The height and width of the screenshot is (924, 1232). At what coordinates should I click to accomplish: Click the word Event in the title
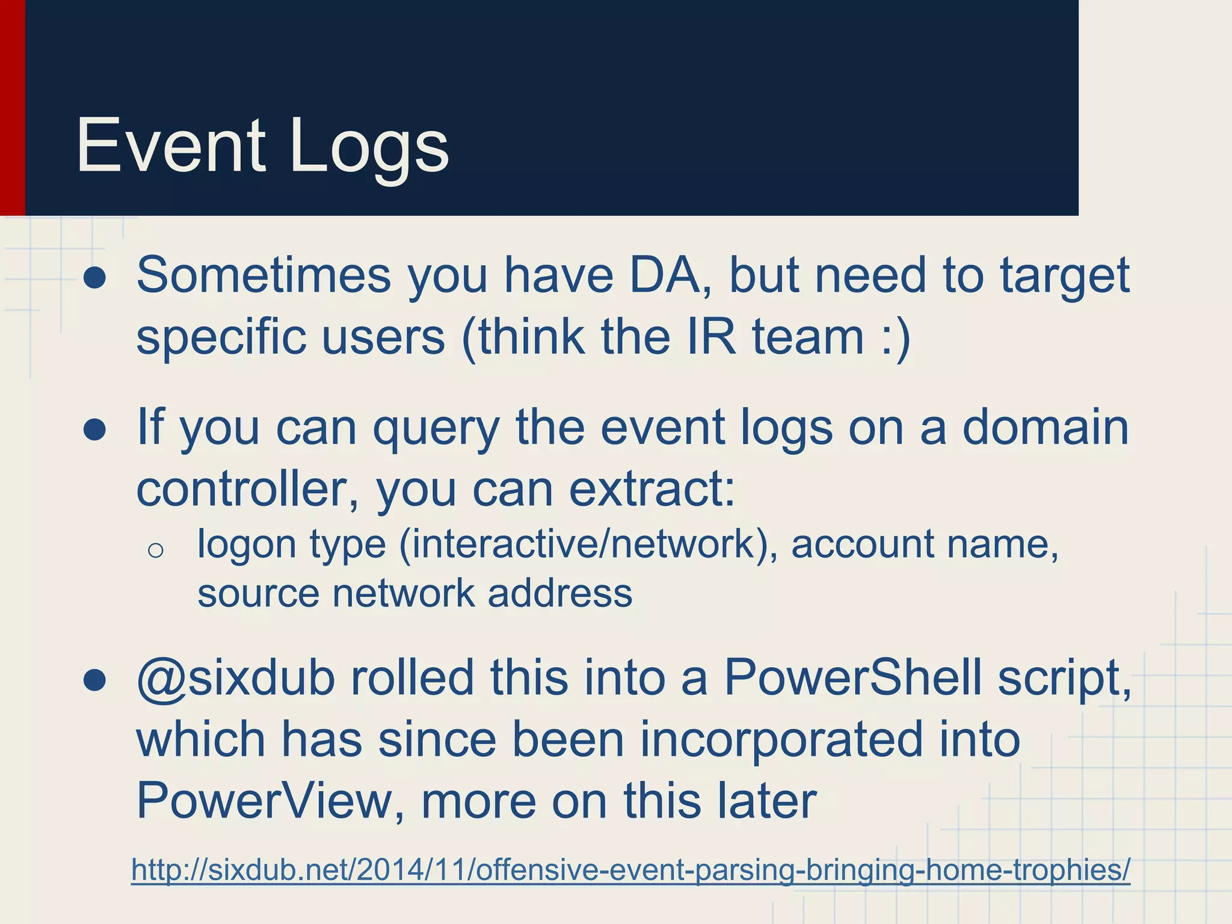coord(170,146)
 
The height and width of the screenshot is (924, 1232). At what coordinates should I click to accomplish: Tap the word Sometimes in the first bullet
coord(264,276)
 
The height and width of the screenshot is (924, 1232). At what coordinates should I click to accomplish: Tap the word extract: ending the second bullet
coord(652,489)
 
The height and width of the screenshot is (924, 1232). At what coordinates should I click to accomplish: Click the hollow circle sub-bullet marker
coord(155,550)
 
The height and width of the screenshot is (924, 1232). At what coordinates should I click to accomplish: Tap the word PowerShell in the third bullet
coord(853,679)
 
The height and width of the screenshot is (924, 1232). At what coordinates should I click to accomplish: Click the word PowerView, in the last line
coord(270,801)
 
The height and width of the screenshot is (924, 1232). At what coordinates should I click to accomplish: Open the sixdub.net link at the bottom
coord(630,870)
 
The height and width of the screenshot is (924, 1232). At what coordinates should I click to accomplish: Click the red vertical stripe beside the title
coord(12,108)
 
